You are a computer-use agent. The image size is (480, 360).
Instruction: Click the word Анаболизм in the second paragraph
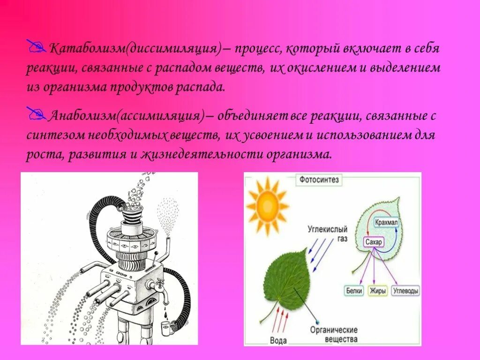[82, 116]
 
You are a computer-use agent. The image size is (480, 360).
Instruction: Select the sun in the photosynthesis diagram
[267, 205]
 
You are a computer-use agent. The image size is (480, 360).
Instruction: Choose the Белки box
[354, 291]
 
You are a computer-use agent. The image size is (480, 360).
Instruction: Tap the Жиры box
[377, 291]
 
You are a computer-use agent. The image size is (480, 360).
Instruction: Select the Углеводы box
[405, 291]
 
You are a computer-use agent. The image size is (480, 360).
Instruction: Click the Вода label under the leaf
[278, 339]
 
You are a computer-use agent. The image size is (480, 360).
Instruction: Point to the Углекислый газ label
[328, 234]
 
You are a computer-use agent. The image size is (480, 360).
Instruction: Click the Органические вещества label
[334, 334]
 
